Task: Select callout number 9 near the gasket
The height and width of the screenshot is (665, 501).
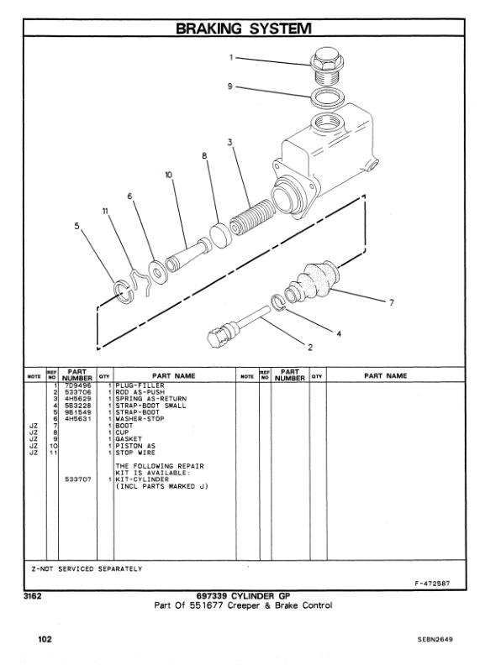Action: coord(229,86)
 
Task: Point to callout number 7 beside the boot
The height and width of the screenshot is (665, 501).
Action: coord(391,302)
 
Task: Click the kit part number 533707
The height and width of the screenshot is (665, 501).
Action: coord(76,479)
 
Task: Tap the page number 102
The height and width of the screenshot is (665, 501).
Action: coord(45,639)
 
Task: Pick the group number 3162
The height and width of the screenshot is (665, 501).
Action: coord(33,596)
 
